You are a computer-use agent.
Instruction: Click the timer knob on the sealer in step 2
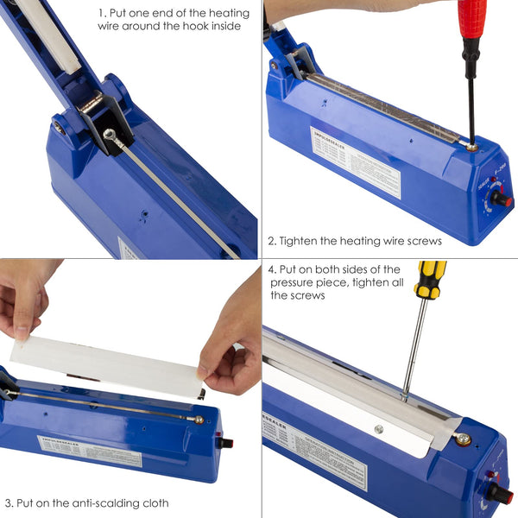coord(500,199)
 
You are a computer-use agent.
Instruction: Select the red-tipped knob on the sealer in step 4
coord(502,494)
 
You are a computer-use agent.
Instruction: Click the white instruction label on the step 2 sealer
coord(355,159)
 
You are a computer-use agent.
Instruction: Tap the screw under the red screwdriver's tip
coord(471,148)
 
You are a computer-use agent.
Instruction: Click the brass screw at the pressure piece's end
coord(464,439)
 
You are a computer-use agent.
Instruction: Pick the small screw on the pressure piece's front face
coord(379,429)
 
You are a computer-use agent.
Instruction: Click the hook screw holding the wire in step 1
coord(109,134)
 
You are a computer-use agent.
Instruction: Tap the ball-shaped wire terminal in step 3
coord(199,420)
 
